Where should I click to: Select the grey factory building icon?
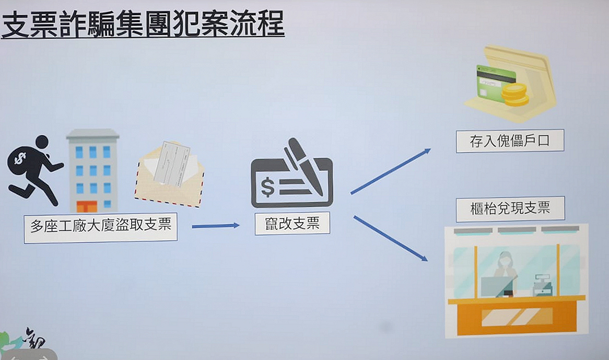[x=93, y=170]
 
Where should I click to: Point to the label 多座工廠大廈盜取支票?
[x=101, y=227]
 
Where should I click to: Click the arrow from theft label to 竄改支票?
[x=215, y=226]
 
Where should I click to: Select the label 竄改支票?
[x=292, y=223]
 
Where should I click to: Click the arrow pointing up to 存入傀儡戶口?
[x=390, y=171]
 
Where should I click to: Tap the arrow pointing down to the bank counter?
[x=390, y=238]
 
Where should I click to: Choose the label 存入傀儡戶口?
[x=510, y=141]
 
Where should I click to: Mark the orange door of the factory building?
[x=87, y=206]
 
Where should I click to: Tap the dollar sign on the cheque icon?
[x=267, y=188]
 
